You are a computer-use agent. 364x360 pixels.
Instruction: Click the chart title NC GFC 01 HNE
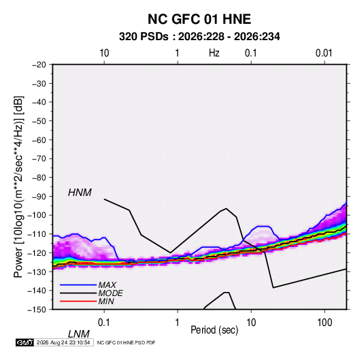tap(199, 19)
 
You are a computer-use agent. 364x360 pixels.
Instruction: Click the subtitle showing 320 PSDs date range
tap(199, 37)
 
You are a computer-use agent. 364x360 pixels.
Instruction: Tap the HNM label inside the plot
tap(80, 193)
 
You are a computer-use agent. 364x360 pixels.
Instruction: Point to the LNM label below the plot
tap(78, 334)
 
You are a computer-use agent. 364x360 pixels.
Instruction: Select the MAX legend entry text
tap(107, 285)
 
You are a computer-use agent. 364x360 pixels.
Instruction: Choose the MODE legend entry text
tap(110, 293)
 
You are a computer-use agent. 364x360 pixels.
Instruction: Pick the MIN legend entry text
tap(106, 301)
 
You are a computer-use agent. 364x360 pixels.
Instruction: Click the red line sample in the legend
tap(78, 301)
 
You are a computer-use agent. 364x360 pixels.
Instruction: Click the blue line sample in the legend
tap(78, 285)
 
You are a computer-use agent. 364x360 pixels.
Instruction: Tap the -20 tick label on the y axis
tap(39, 65)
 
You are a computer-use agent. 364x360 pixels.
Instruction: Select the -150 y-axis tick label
tap(37, 310)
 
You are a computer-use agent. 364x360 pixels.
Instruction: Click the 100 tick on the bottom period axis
tap(325, 323)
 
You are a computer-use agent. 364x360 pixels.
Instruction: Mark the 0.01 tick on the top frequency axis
tap(324, 53)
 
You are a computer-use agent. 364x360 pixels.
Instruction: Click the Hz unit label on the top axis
tap(214, 53)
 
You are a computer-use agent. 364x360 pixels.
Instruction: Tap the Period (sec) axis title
tap(214, 330)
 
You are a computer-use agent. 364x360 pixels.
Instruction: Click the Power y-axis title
tap(18, 186)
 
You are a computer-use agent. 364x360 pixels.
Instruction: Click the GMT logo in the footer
tap(25, 342)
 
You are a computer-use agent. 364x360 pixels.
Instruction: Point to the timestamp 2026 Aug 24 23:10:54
tap(63, 342)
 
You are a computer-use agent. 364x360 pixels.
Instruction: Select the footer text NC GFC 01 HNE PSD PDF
tap(126, 342)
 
